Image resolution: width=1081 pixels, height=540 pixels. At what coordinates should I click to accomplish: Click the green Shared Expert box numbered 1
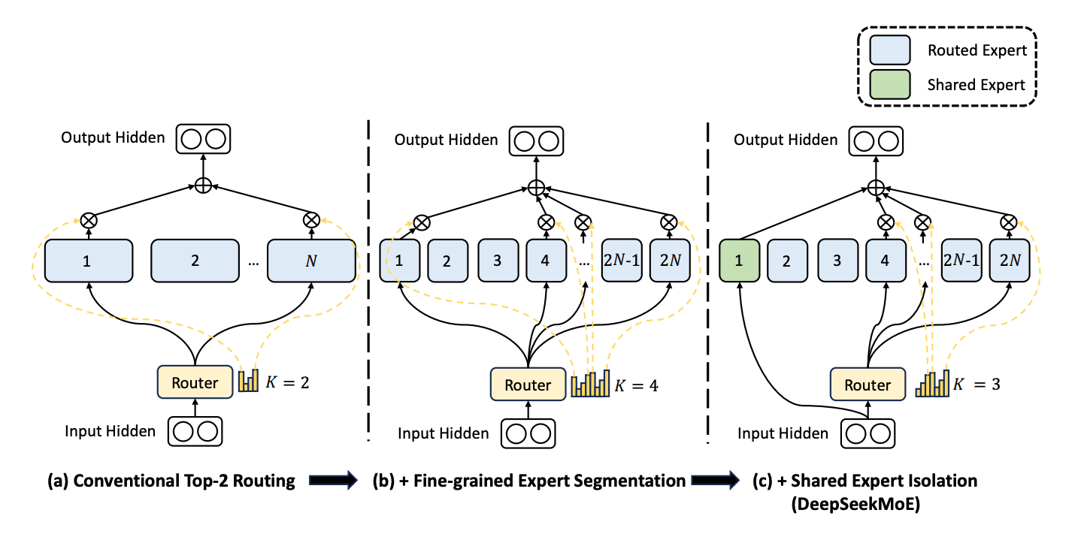pos(739,261)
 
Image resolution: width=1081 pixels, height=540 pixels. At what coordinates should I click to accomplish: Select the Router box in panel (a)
pos(195,382)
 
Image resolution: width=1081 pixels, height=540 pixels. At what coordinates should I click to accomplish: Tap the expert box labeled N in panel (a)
pos(311,261)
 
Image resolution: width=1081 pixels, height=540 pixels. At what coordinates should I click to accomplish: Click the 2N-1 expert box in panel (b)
pos(622,261)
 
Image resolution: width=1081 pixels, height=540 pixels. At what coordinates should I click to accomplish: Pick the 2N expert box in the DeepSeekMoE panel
pos(1010,261)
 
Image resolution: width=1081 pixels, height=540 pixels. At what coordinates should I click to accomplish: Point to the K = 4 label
pos(636,386)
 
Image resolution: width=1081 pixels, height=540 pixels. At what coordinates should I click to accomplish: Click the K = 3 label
pos(977,385)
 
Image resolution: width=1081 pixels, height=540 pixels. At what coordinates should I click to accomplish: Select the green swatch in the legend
pos(890,84)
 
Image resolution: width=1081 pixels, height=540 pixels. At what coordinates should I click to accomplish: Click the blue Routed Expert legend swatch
pos(890,50)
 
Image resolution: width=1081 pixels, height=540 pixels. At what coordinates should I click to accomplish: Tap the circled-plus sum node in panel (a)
pos(203,186)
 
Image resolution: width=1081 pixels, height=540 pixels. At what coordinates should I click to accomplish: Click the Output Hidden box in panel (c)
pos(876,141)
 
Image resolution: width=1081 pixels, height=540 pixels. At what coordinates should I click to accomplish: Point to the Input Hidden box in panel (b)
pos(528,433)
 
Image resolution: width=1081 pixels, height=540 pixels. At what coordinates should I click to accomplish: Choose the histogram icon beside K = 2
pos(249,381)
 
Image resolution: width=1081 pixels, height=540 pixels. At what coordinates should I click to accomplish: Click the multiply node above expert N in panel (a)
pos(311,220)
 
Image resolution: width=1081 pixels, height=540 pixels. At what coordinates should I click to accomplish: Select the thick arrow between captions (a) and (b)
pos(334,480)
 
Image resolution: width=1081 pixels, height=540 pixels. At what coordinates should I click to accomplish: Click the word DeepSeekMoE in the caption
pos(855,504)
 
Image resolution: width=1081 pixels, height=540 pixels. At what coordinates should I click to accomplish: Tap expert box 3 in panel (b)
pos(498,261)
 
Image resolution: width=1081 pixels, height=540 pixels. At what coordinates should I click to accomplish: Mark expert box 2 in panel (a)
pos(195,261)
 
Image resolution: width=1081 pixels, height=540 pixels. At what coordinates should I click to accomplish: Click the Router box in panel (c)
pos(868,385)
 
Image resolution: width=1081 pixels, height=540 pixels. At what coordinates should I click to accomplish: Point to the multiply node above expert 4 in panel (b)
pos(546,223)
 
